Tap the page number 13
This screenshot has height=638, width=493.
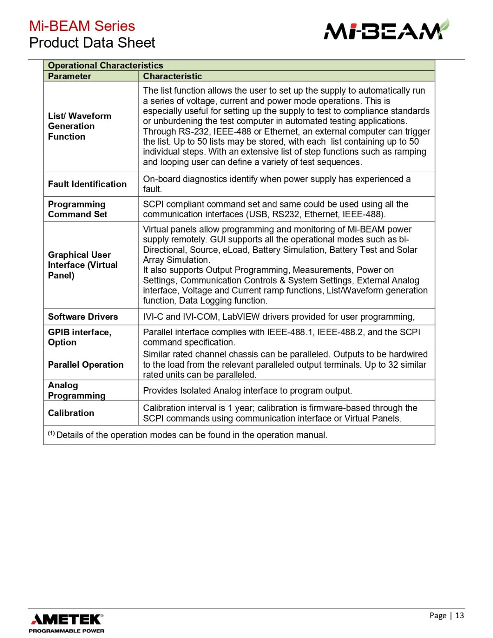tap(459, 615)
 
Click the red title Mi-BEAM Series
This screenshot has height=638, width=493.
tap(82, 26)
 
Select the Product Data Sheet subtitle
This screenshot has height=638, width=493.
tap(92, 43)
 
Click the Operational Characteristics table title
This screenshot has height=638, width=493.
tap(106, 65)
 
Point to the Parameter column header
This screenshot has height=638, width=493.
tap(69, 76)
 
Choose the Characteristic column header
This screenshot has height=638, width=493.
tap(173, 76)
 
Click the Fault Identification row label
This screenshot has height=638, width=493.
tap(87, 184)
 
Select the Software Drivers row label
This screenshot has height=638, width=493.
tap(83, 317)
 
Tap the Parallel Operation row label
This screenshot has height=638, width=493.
tap(85, 365)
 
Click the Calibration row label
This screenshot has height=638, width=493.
tap(71, 413)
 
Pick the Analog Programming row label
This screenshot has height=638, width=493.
tap(76, 390)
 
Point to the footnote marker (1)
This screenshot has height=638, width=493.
tap(51, 433)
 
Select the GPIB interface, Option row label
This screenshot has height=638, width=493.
tap(80, 337)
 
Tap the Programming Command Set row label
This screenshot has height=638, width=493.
tap(77, 209)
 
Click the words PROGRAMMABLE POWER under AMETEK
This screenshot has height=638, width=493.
tap(67, 631)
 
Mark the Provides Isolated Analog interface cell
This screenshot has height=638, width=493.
tap(247, 391)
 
